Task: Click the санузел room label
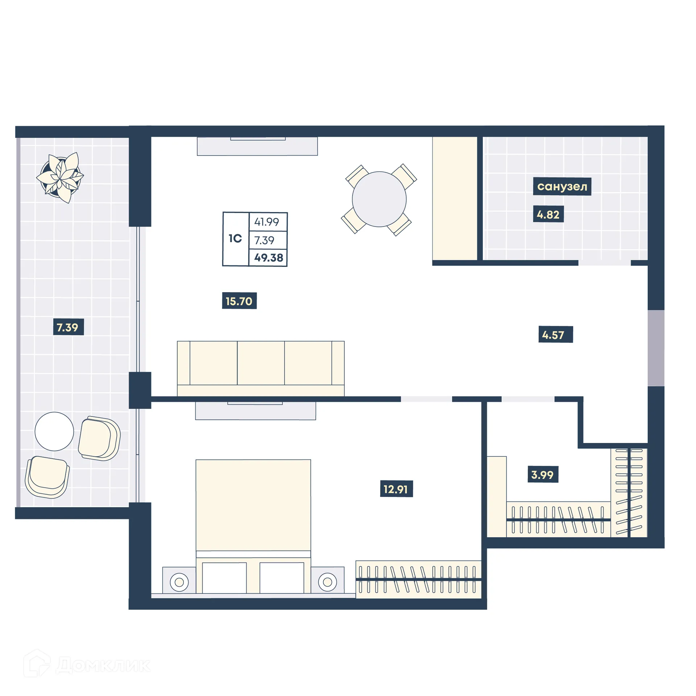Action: (x=562, y=186)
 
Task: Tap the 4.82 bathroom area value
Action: (x=548, y=214)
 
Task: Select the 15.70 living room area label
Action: (x=239, y=301)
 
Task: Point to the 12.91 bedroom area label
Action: (x=396, y=489)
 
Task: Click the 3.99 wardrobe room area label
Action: (x=542, y=475)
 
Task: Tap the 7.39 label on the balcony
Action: (x=68, y=327)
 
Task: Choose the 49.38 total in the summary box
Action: (x=268, y=258)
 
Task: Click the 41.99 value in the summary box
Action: (x=266, y=222)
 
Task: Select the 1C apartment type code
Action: (x=235, y=239)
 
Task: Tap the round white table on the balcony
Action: (x=54, y=431)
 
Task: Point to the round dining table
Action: (x=379, y=199)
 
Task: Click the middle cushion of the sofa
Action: (x=261, y=362)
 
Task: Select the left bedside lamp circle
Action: (x=179, y=582)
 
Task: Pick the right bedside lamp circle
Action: (x=327, y=582)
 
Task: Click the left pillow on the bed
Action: (x=224, y=577)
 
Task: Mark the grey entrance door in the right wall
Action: (x=656, y=348)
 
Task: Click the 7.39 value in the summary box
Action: (x=264, y=240)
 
